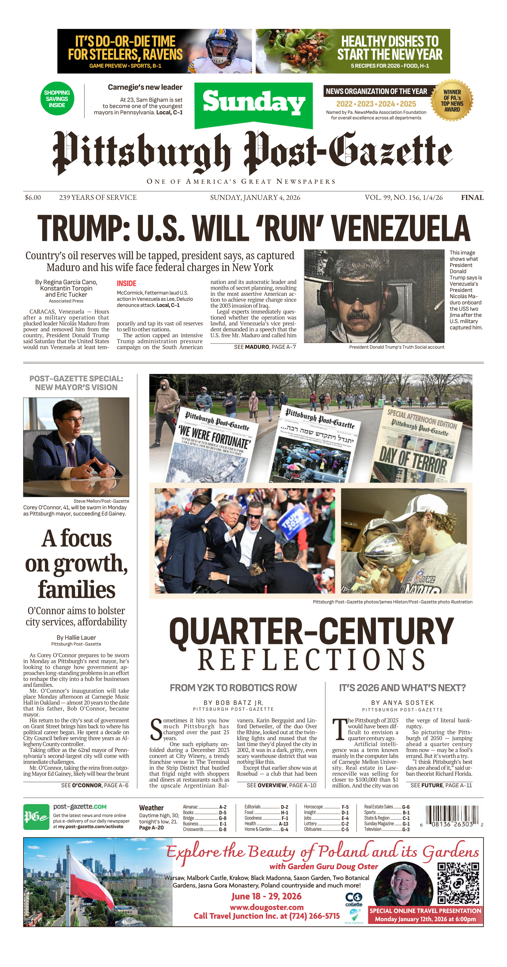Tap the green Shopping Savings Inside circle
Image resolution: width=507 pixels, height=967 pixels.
coord(57,99)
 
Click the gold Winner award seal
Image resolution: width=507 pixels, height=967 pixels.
coord(452,101)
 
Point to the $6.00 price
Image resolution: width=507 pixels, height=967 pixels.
coord(33,198)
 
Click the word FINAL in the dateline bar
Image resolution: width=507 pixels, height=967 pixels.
coord(472,198)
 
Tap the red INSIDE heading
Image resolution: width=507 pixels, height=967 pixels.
coord(126,283)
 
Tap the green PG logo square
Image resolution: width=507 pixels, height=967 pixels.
coord(36,817)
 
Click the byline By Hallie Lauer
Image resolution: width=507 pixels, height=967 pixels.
coord(76,637)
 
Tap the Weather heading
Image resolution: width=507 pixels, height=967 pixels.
coord(151,807)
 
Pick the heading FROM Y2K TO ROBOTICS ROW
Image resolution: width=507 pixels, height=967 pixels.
coord(233,688)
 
